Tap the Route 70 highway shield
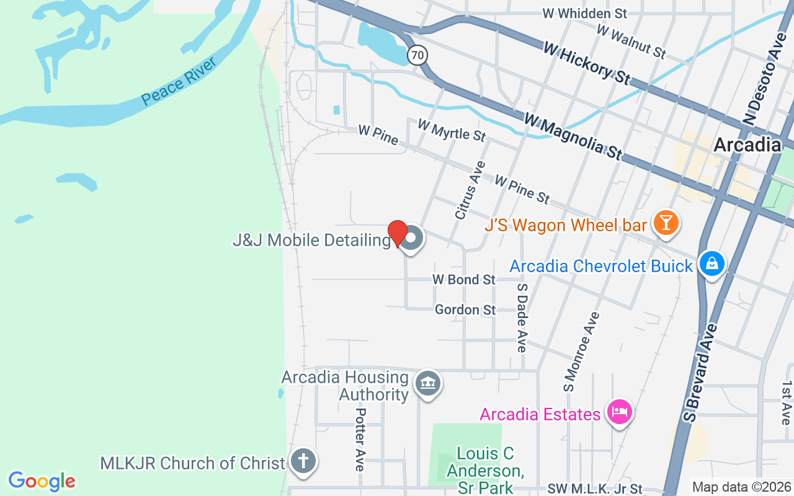[x=417, y=55]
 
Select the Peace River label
[x=178, y=82]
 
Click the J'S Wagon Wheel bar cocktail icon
[x=667, y=223]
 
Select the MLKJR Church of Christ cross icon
[x=303, y=462]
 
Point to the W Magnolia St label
[x=572, y=136]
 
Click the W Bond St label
[x=464, y=280]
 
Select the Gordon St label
[x=465, y=309]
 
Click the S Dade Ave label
[x=522, y=318]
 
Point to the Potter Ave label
[x=360, y=439]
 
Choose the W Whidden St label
[x=584, y=13]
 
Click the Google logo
[x=42, y=481]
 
